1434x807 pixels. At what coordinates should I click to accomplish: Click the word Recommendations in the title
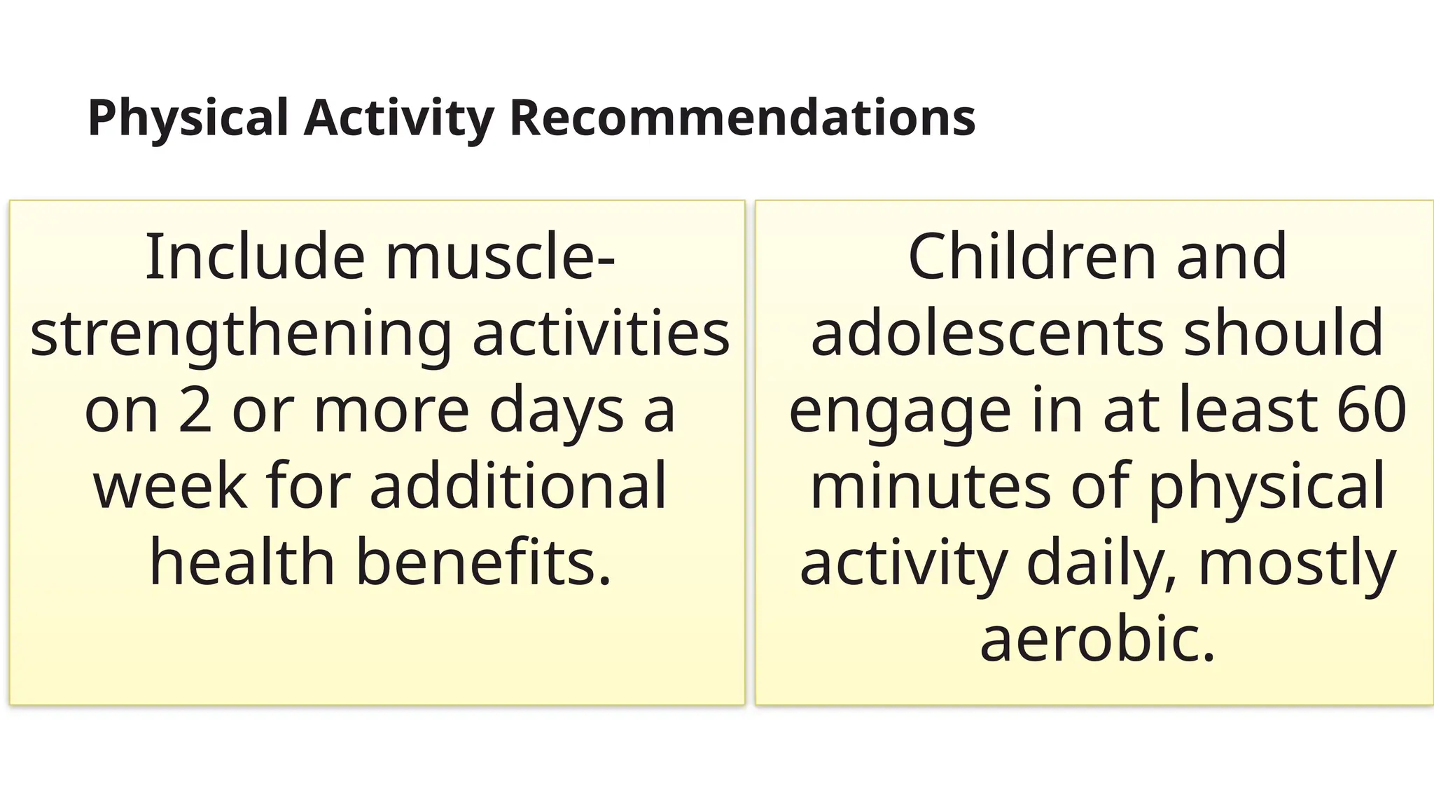pyautogui.click(x=742, y=117)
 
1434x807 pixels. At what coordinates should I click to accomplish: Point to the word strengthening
pyautogui.click(x=241, y=335)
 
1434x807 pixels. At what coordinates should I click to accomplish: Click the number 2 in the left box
pyautogui.click(x=195, y=411)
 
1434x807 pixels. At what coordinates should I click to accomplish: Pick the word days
pyautogui.click(x=557, y=412)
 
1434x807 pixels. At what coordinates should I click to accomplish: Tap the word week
pyautogui.click(x=170, y=486)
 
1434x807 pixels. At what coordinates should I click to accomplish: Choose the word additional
pyautogui.click(x=518, y=486)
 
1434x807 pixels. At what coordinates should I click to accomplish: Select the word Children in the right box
pyautogui.click(x=1031, y=257)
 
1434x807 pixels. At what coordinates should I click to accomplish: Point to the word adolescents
pyautogui.click(x=987, y=334)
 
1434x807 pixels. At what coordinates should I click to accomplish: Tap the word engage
pyautogui.click(x=900, y=412)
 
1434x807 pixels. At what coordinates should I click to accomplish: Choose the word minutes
pyautogui.click(x=931, y=486)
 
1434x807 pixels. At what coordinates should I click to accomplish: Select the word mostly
pyautogui.click(x=1297, y=564)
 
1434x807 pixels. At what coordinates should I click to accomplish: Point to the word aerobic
pyautogui.click(x=1097, y=640)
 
